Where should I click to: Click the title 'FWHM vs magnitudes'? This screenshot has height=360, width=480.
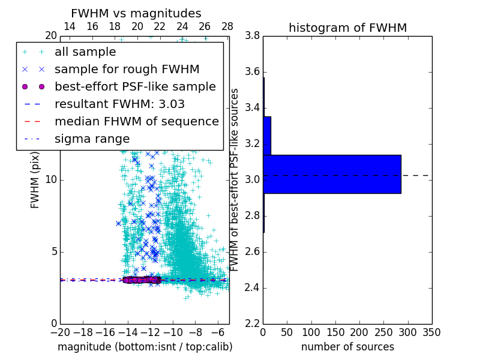136,14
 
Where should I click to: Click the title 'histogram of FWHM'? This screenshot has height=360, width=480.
347,28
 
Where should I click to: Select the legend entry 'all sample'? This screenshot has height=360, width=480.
85,52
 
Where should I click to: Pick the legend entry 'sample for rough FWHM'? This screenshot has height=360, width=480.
127,70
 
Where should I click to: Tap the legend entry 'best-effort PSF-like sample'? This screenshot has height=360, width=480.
135,87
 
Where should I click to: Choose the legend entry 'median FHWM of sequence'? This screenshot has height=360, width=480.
136,121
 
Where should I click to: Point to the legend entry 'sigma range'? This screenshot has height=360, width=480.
92,139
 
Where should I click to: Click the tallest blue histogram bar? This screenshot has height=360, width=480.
332,174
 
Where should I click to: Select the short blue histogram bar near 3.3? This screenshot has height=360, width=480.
267,136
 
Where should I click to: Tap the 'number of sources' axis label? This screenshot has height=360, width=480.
347,347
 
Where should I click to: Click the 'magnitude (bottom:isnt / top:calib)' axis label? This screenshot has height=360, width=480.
145,347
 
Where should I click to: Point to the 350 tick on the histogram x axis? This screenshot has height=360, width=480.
431,332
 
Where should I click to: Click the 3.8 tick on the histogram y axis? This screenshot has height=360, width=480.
252,36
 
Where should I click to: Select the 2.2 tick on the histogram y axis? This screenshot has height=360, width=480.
252,323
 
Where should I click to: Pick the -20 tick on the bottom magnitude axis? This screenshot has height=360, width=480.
60,332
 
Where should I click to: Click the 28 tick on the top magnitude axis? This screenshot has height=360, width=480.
227,26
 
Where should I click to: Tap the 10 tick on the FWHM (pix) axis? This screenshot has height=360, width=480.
51,180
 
